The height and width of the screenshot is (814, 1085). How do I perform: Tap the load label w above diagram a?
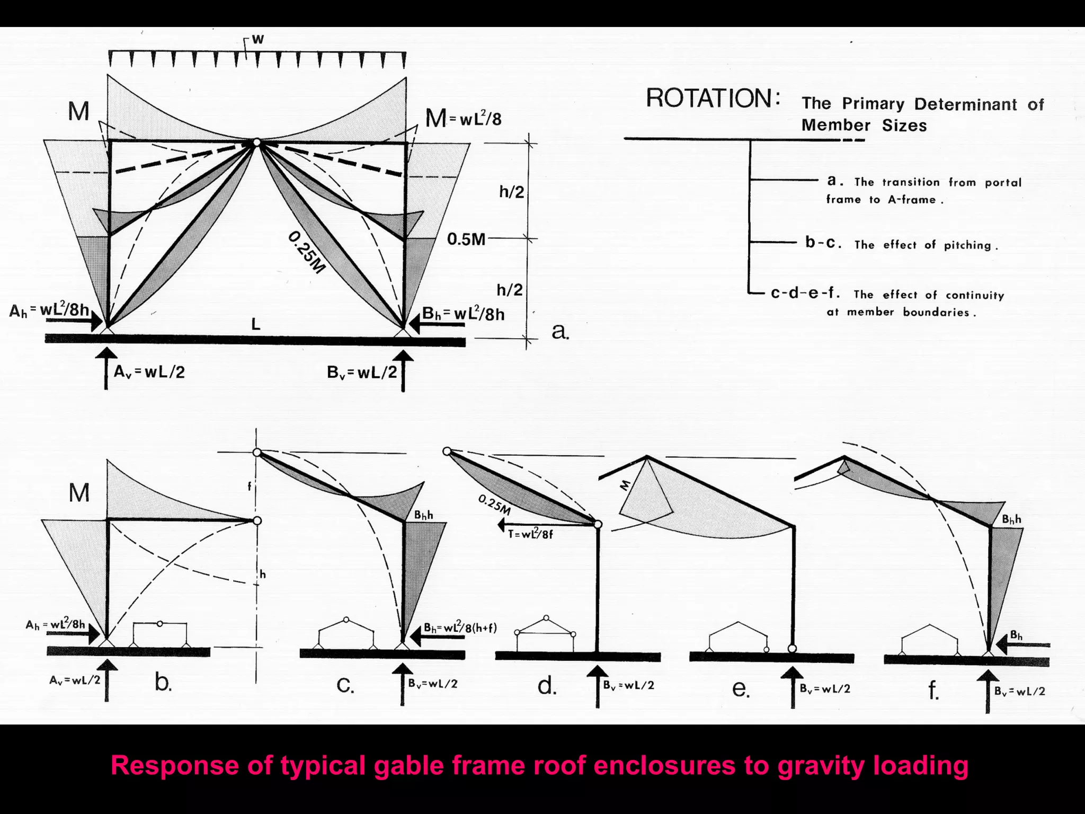point(258,39)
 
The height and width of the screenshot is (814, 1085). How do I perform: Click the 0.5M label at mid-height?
point(466,240)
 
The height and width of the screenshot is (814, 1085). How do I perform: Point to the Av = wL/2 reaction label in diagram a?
point(149,372)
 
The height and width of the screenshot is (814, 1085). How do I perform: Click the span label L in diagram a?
point(256,324)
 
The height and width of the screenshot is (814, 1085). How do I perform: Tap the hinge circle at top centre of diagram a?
point(256,143)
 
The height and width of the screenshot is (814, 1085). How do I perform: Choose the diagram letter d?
point(547,686)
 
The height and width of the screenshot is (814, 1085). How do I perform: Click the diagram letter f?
point(933,691)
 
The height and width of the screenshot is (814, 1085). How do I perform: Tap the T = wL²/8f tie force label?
point(530,534)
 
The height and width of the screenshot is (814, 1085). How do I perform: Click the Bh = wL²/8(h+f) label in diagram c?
point(460,628)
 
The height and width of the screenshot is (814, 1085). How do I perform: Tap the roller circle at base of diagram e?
point(792,648)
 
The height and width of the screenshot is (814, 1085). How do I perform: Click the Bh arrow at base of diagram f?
point(1022,645)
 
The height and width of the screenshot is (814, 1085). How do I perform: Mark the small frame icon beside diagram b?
point(160,634)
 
